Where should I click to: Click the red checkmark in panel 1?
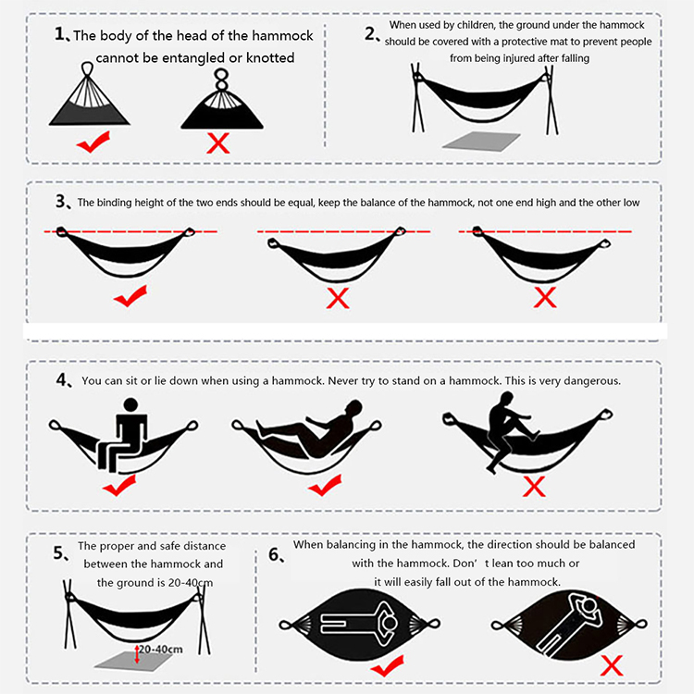point(93,143)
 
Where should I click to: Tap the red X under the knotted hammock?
point(218,143)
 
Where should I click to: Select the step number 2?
point(370,33)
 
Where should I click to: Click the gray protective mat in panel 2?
point(481,142)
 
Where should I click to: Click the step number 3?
point(61,202)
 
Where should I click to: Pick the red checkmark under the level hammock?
point(130,296)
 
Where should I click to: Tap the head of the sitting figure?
point(131,405)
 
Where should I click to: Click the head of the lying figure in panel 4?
point(354,407)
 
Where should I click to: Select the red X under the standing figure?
point(534,487)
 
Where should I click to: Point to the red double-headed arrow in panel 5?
point(137,654)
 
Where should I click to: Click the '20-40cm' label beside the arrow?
point(161,650)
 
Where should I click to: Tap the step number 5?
point(59,552)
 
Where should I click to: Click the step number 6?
point(275,554)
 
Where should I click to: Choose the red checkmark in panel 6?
point(388,665)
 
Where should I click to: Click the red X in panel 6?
point(612,665)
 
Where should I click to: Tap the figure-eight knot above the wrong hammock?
point(221,80)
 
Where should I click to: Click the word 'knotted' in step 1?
point(270,57)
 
